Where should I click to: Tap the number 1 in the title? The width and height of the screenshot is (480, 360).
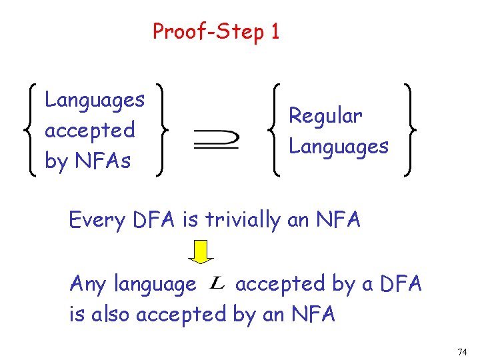click(x=275, y=31)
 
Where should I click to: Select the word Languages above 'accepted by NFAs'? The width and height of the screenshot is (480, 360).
click(x=95, y=101)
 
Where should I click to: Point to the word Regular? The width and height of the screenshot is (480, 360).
click(x=325, y=116)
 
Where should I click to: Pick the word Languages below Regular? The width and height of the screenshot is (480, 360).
click(x=339, y=146)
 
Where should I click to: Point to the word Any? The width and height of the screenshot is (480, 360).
click(x=88, y=285)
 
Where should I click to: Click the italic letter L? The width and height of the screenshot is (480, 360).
click(x=217, y=285)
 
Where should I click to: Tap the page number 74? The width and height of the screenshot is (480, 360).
click(x=462, y=351)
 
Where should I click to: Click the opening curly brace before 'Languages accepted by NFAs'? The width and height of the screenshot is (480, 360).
click(x=31, y=130)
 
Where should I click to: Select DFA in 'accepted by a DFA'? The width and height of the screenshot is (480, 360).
click(x=401, y=284)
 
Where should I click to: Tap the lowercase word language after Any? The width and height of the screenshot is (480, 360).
click(x=155, y=285)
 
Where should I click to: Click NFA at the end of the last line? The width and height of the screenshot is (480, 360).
click(x=313, y=314)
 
